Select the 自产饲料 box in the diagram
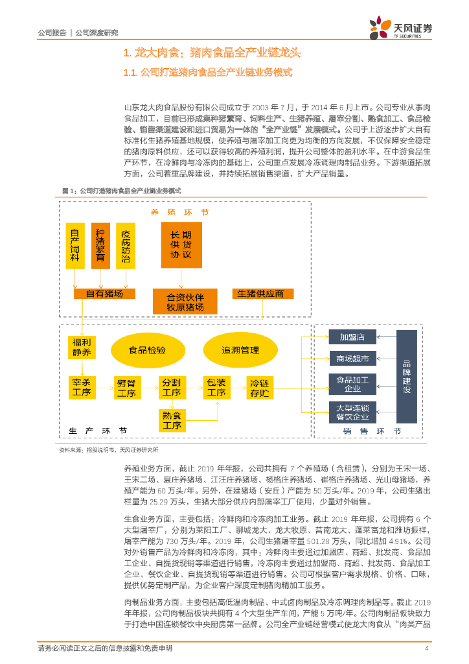pos(76,245)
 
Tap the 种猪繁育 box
pos(100,245)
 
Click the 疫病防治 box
pos(125,245)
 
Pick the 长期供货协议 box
pos(181,244)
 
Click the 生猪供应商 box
pos(260,294)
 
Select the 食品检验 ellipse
pos(147,350)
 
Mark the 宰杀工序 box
pos(82,387)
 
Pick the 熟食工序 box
pos(172,420)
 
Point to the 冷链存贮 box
pos(259,387)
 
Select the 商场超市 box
pos(352,359)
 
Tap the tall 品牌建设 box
pos(407,377)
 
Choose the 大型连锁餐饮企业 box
pos(352,412)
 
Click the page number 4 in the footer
pos(426,649)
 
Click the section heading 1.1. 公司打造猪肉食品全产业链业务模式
pos(208,73)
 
